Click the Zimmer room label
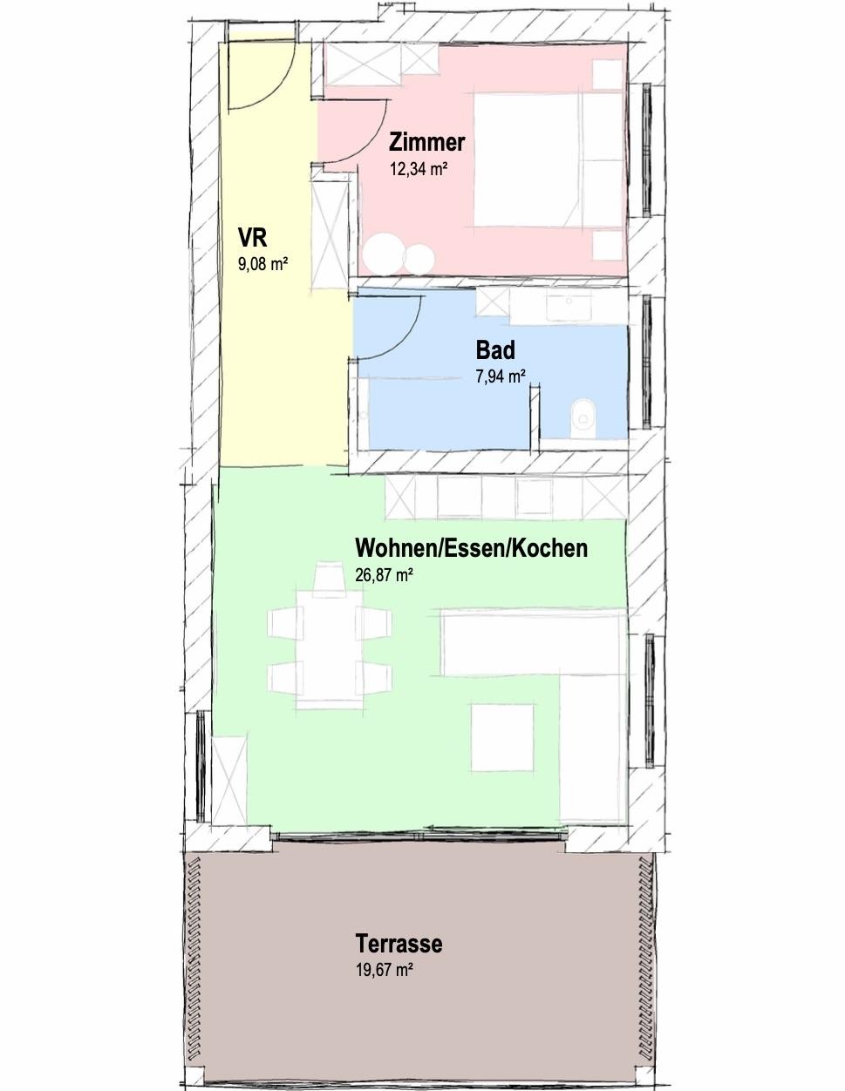pyautogui.click(x=426, y=142)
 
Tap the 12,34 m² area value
pyautogui.click(x=419, y=169)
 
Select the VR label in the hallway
pyautogui.click(x=253, y=238)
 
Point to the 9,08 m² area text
pyautogui.click(x=262, y=263)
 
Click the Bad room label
pyautogui.click(x=495, y=350)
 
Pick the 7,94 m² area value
pyautogui.click(x=501, y=376)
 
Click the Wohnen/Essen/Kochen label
pyautogui.click(x=471, y=548)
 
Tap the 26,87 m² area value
pyautogui.click(x=385, y=575)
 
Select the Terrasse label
pyautogui.click(x=399, y=943)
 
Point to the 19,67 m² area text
pyautogui.click(x=385, y=970)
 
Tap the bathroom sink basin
pyautogui.click(x=569, y=306)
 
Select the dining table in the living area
pyautogui.click(x=330, y=647)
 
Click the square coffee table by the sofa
pyautogui.click(x=502, y=737)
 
